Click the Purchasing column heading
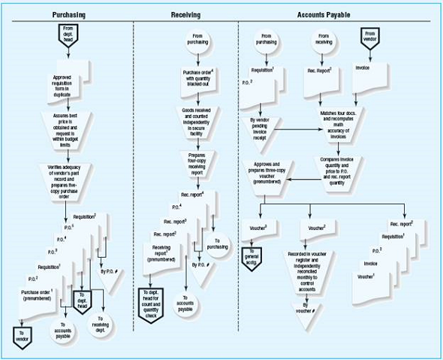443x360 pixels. (68, 14)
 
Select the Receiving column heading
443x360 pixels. (185, 14)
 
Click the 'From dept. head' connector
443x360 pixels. (68, 35)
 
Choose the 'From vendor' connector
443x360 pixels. (369, 38)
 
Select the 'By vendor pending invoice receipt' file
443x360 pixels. (258, 124)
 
